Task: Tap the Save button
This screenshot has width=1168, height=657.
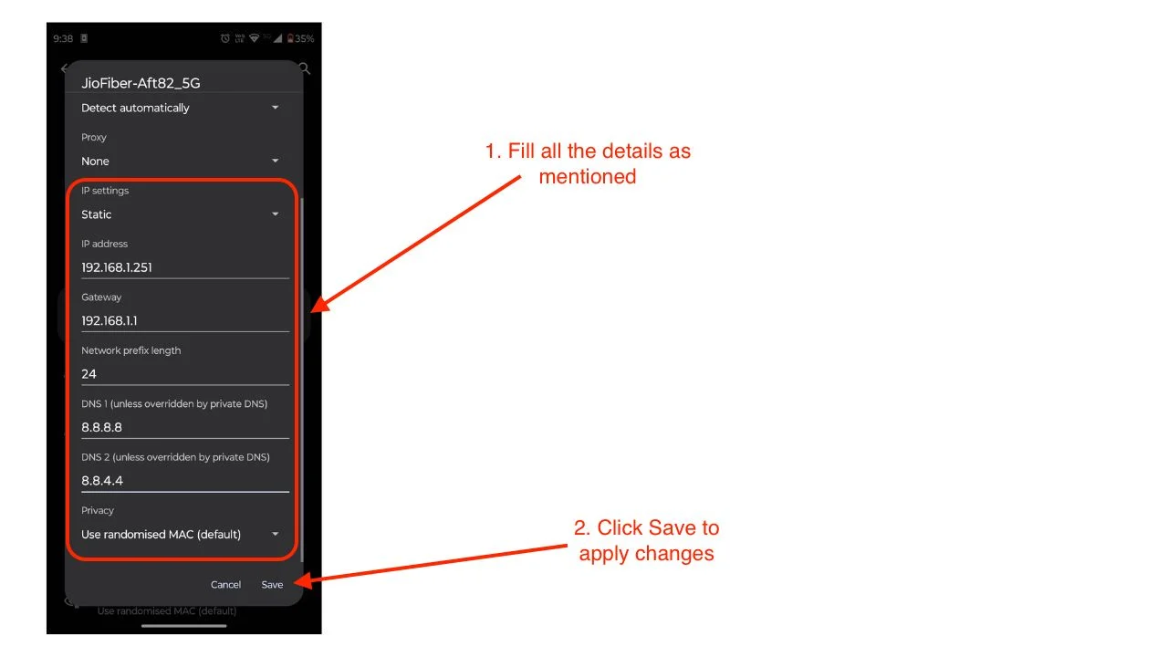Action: click(x=272, y=585)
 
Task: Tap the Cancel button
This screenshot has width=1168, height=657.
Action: click(x=225, y=585)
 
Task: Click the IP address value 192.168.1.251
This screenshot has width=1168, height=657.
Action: click(x=117, y=267)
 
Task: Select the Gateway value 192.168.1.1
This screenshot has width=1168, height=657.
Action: click(x=109, y=320)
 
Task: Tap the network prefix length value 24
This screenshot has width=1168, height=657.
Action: click(x=89, y=374)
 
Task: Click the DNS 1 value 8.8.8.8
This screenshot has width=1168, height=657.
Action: click(x=101, y=427)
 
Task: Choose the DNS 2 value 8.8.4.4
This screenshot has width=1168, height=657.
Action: click(x=102, y=480)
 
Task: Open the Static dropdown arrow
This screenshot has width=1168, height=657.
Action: click(x=276, y=214)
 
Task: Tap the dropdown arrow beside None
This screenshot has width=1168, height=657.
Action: click(x=276, y=161)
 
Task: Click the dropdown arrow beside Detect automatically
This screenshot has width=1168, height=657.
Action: click(x=276, y=108)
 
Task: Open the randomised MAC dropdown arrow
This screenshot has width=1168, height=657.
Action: click(x=276, y=534)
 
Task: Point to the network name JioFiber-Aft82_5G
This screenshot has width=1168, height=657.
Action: click(x=141, y=83)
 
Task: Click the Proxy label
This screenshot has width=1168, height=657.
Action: click(x=94, y=137)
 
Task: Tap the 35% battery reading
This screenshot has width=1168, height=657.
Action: click(x=305, y=38)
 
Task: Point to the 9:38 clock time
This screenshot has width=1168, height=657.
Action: click(x=63, y=38)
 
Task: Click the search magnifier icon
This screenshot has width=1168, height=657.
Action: click(x=305, y=68)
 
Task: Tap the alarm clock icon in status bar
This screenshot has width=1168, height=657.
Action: click(x=225, y=38)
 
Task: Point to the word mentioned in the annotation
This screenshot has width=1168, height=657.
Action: click(x=588, y=177)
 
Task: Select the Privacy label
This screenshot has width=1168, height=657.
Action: click(x=98, y=510)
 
